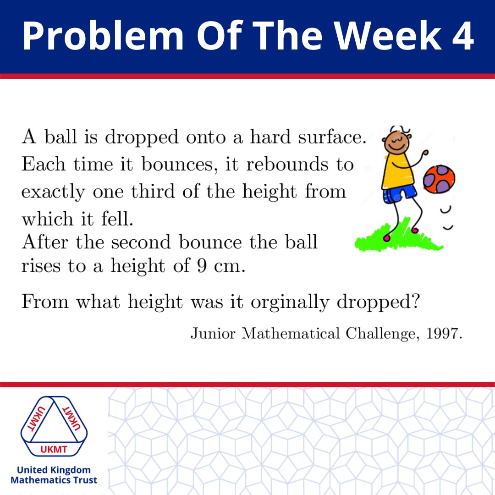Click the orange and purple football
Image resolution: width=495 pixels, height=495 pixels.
point(439,179)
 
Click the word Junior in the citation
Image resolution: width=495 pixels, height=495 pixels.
point(213,334)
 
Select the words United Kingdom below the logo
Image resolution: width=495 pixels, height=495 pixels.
point(54,470)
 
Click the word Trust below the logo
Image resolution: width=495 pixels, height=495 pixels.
point(84,480)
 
